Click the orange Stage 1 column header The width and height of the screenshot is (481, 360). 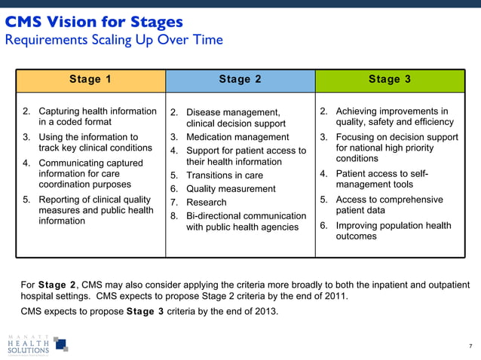point(90,79)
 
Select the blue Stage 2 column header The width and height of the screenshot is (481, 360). point(240,79)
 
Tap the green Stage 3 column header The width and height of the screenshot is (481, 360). point(390,79)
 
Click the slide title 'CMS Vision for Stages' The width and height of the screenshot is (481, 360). point(94,22)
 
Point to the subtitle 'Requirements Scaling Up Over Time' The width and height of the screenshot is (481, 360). point(114,39)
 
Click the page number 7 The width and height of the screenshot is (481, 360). point(470,346)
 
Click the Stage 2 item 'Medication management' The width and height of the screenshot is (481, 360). point(237,137)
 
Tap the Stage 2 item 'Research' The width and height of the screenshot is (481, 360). point(206,202)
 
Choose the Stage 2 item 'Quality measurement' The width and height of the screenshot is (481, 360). point(231,189)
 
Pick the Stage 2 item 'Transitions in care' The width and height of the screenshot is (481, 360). point(225,175)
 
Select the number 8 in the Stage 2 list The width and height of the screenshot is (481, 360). point(173,216)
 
